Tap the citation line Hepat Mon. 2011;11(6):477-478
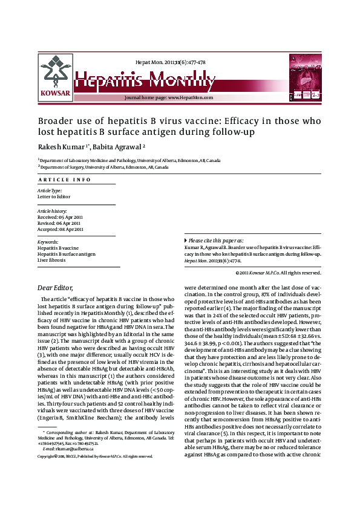(x=170, y=62)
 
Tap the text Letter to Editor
(x=54, y=196)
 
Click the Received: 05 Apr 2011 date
(x=61, y=216)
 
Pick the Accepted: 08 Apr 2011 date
(x=61, y=229)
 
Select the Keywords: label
(x=48, y=242)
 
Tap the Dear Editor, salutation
(x=55, y=288)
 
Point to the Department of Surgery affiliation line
(x=103, y=167)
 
